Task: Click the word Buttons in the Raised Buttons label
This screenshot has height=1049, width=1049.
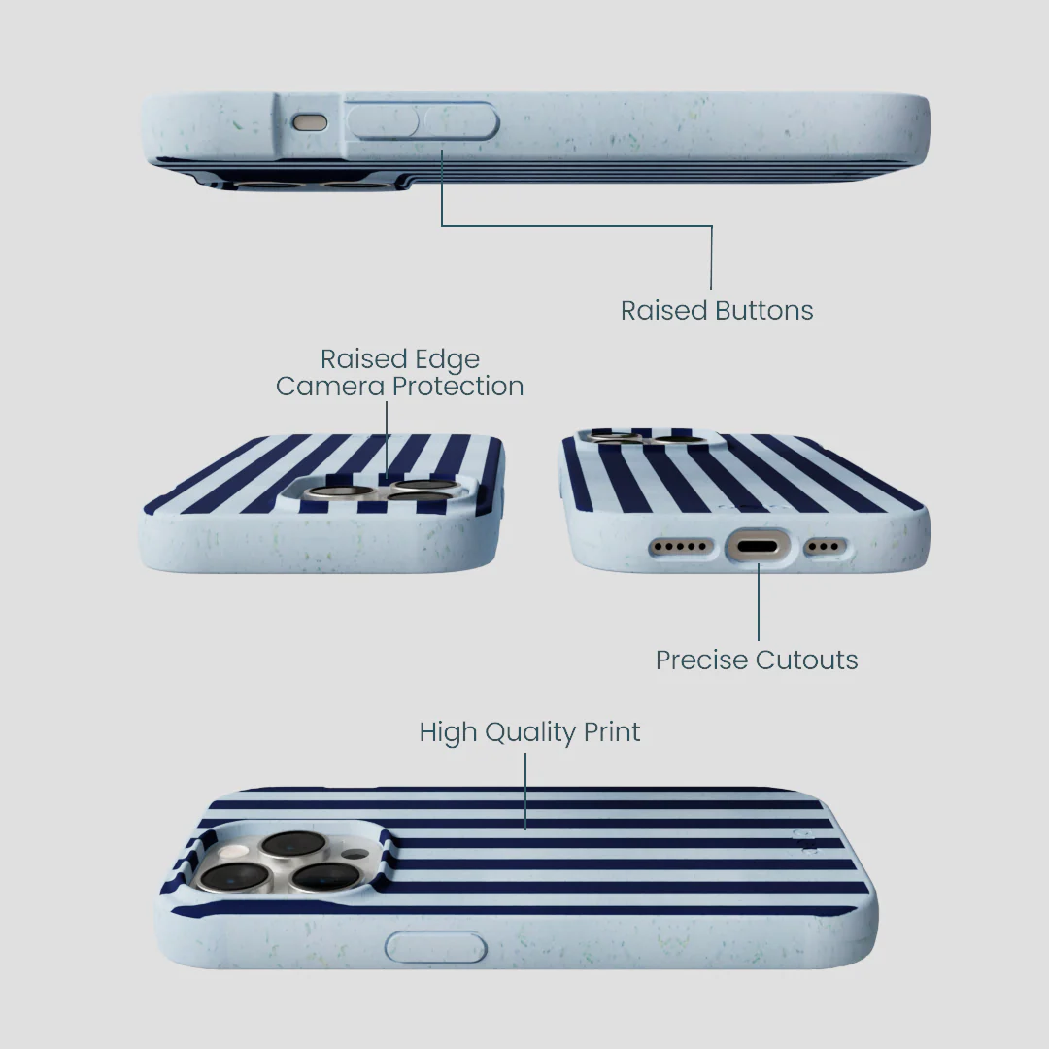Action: pos(764,311)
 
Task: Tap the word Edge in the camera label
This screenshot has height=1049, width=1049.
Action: pos(447,360)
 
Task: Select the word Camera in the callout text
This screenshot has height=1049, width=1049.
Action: pos(330,386)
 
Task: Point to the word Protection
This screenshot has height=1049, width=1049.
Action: pos(457,386)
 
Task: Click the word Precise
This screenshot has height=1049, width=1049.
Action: pos(701,660)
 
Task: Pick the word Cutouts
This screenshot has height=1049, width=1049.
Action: pos(807,660)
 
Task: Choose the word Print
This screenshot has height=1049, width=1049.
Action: pos(612,732)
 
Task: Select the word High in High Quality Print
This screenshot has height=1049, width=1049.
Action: pos(448,733)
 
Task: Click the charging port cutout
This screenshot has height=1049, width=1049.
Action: pos(758,547)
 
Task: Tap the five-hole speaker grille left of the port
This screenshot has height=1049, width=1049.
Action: pos(680,547)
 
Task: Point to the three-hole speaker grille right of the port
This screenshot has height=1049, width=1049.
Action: pos(825,547)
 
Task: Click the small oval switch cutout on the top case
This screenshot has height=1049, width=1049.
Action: pos(310,122)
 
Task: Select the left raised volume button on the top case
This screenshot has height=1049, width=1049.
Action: pos(383,121)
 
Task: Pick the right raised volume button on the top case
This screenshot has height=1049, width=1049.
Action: pos(461,121)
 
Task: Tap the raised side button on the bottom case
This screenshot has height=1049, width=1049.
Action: pos(436,948)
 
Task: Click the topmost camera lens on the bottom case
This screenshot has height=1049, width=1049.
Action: pos(293,844)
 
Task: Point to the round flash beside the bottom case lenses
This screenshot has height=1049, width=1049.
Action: pos(235,852)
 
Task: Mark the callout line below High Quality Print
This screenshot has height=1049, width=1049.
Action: pos(525,792)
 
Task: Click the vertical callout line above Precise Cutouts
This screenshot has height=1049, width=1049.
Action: pos(759,602)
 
